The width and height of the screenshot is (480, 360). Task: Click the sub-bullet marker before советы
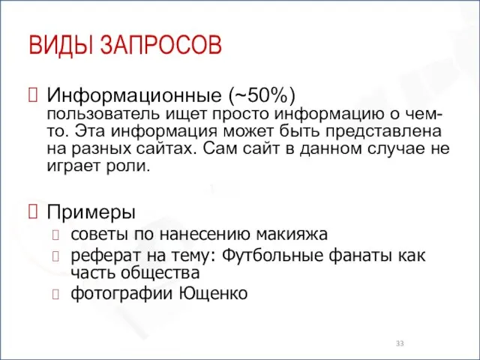click(56, 233)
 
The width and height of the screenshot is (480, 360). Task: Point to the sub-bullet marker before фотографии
click(56, 293)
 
